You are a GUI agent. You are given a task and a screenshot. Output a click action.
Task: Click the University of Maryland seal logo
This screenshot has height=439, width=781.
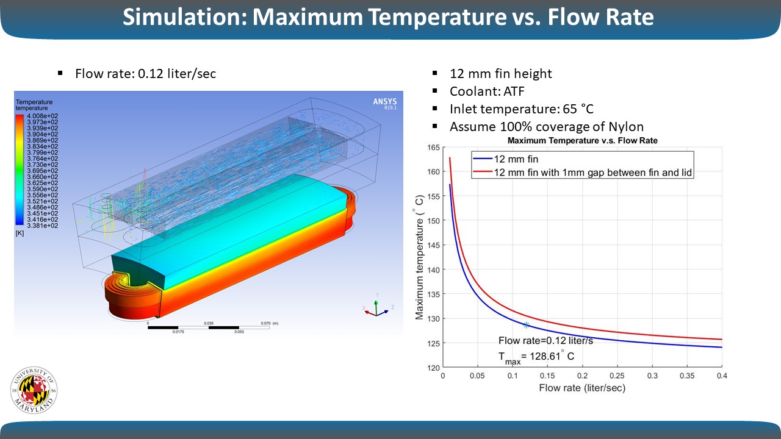click(34, 391)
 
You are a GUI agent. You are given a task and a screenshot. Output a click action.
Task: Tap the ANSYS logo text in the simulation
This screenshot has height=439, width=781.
click(384, 101)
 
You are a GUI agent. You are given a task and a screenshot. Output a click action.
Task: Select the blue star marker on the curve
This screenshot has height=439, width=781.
click(526, 324)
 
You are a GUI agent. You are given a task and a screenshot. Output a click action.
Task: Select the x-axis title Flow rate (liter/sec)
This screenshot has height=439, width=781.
click(582, 388)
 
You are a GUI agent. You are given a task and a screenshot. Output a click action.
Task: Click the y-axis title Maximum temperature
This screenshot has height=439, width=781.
click(420, 261)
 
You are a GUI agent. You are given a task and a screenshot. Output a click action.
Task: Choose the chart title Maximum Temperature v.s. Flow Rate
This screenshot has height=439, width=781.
click(582, 141)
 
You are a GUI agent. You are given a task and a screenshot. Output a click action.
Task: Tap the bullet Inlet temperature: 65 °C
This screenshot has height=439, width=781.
click(521, 109)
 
